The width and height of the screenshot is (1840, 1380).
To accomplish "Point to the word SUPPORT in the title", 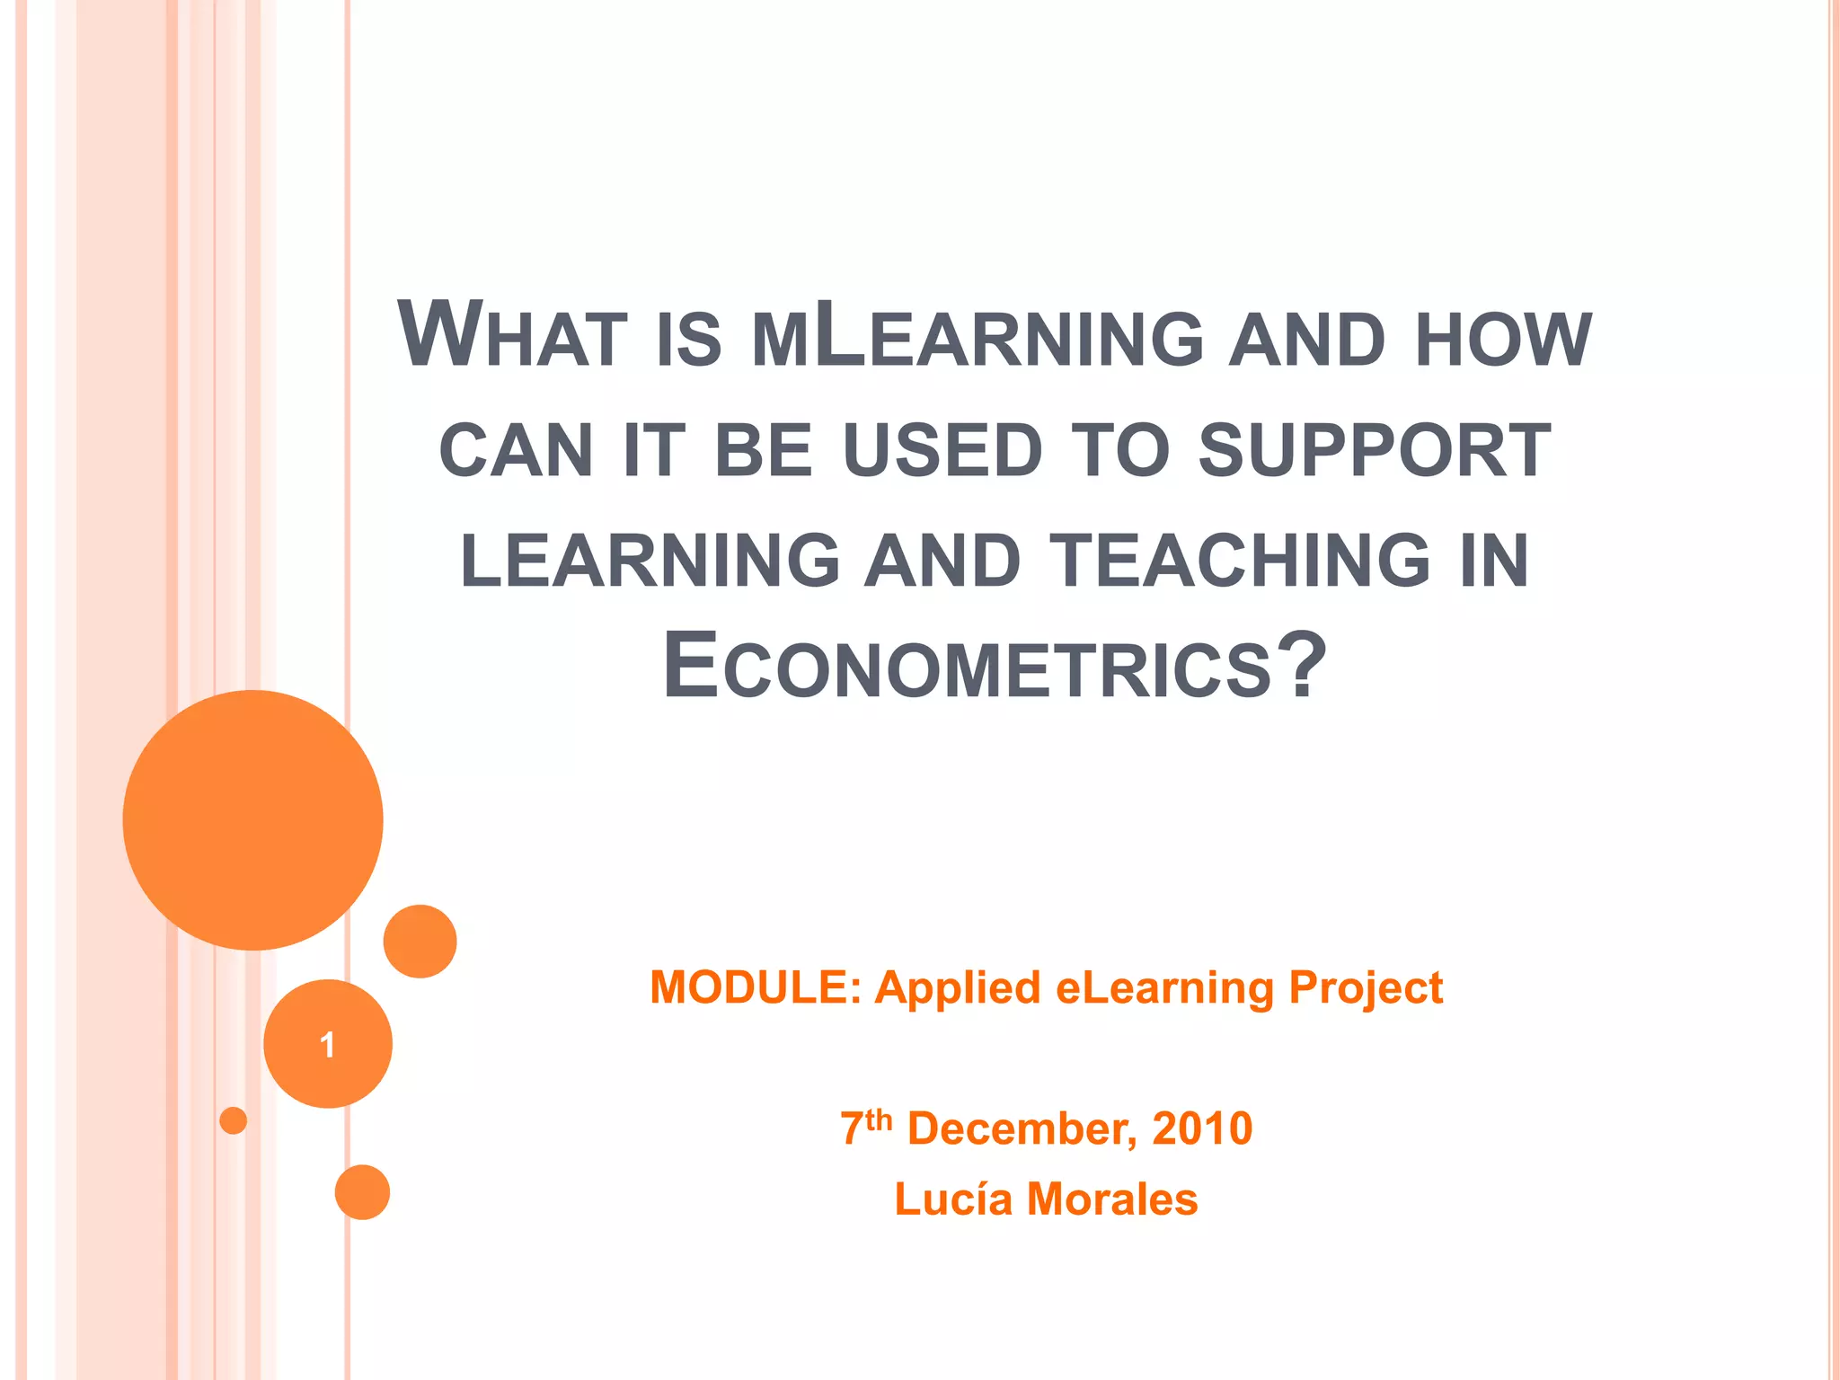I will point(1375,450).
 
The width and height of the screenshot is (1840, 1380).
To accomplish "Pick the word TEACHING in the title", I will point(1241,561).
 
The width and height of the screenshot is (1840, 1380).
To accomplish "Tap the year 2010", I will point(1202,1129).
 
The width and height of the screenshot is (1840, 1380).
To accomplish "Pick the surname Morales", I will point(1112,1199).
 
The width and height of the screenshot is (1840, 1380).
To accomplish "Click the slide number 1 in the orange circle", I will point(327,1045).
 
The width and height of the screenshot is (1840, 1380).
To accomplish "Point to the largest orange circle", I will point(253,820).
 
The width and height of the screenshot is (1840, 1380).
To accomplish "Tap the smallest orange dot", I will point(233,1120).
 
